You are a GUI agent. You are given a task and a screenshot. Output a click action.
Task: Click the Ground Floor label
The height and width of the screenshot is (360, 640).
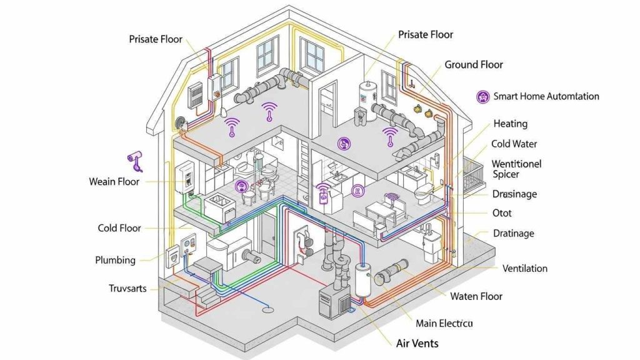473,65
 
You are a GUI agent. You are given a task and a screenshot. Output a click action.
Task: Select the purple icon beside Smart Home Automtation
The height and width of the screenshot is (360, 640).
482,96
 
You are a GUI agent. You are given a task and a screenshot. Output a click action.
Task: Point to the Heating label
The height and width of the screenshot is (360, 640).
510,124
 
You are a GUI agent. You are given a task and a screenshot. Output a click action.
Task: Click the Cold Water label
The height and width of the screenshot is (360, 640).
514,144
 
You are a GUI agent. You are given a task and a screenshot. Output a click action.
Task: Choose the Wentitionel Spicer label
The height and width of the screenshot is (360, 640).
516,169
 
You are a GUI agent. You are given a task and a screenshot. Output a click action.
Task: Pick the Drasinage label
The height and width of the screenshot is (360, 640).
514,194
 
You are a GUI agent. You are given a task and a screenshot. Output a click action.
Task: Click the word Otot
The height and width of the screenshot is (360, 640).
502,213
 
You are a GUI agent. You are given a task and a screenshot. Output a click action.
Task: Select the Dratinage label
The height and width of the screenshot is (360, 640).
513,233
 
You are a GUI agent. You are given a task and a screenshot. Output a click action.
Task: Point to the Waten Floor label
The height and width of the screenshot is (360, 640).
476,296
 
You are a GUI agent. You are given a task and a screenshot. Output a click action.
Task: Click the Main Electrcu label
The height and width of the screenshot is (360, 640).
444,323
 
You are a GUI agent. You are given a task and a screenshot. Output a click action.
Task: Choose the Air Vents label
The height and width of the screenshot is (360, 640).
417,343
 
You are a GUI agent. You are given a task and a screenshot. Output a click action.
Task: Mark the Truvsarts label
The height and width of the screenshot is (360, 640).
127,288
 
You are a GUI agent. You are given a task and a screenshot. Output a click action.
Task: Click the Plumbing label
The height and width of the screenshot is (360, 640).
115,259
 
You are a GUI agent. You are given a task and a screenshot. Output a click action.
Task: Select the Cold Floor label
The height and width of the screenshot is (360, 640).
119,228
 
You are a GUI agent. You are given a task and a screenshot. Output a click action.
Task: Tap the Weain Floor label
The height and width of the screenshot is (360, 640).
114,182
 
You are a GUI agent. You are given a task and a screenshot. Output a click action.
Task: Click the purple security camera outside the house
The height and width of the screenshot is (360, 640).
136,160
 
